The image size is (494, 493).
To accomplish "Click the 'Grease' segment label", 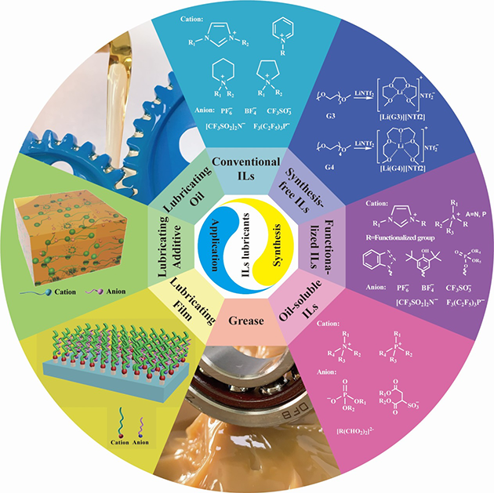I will pyautogui.click(x=248, y=320).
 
